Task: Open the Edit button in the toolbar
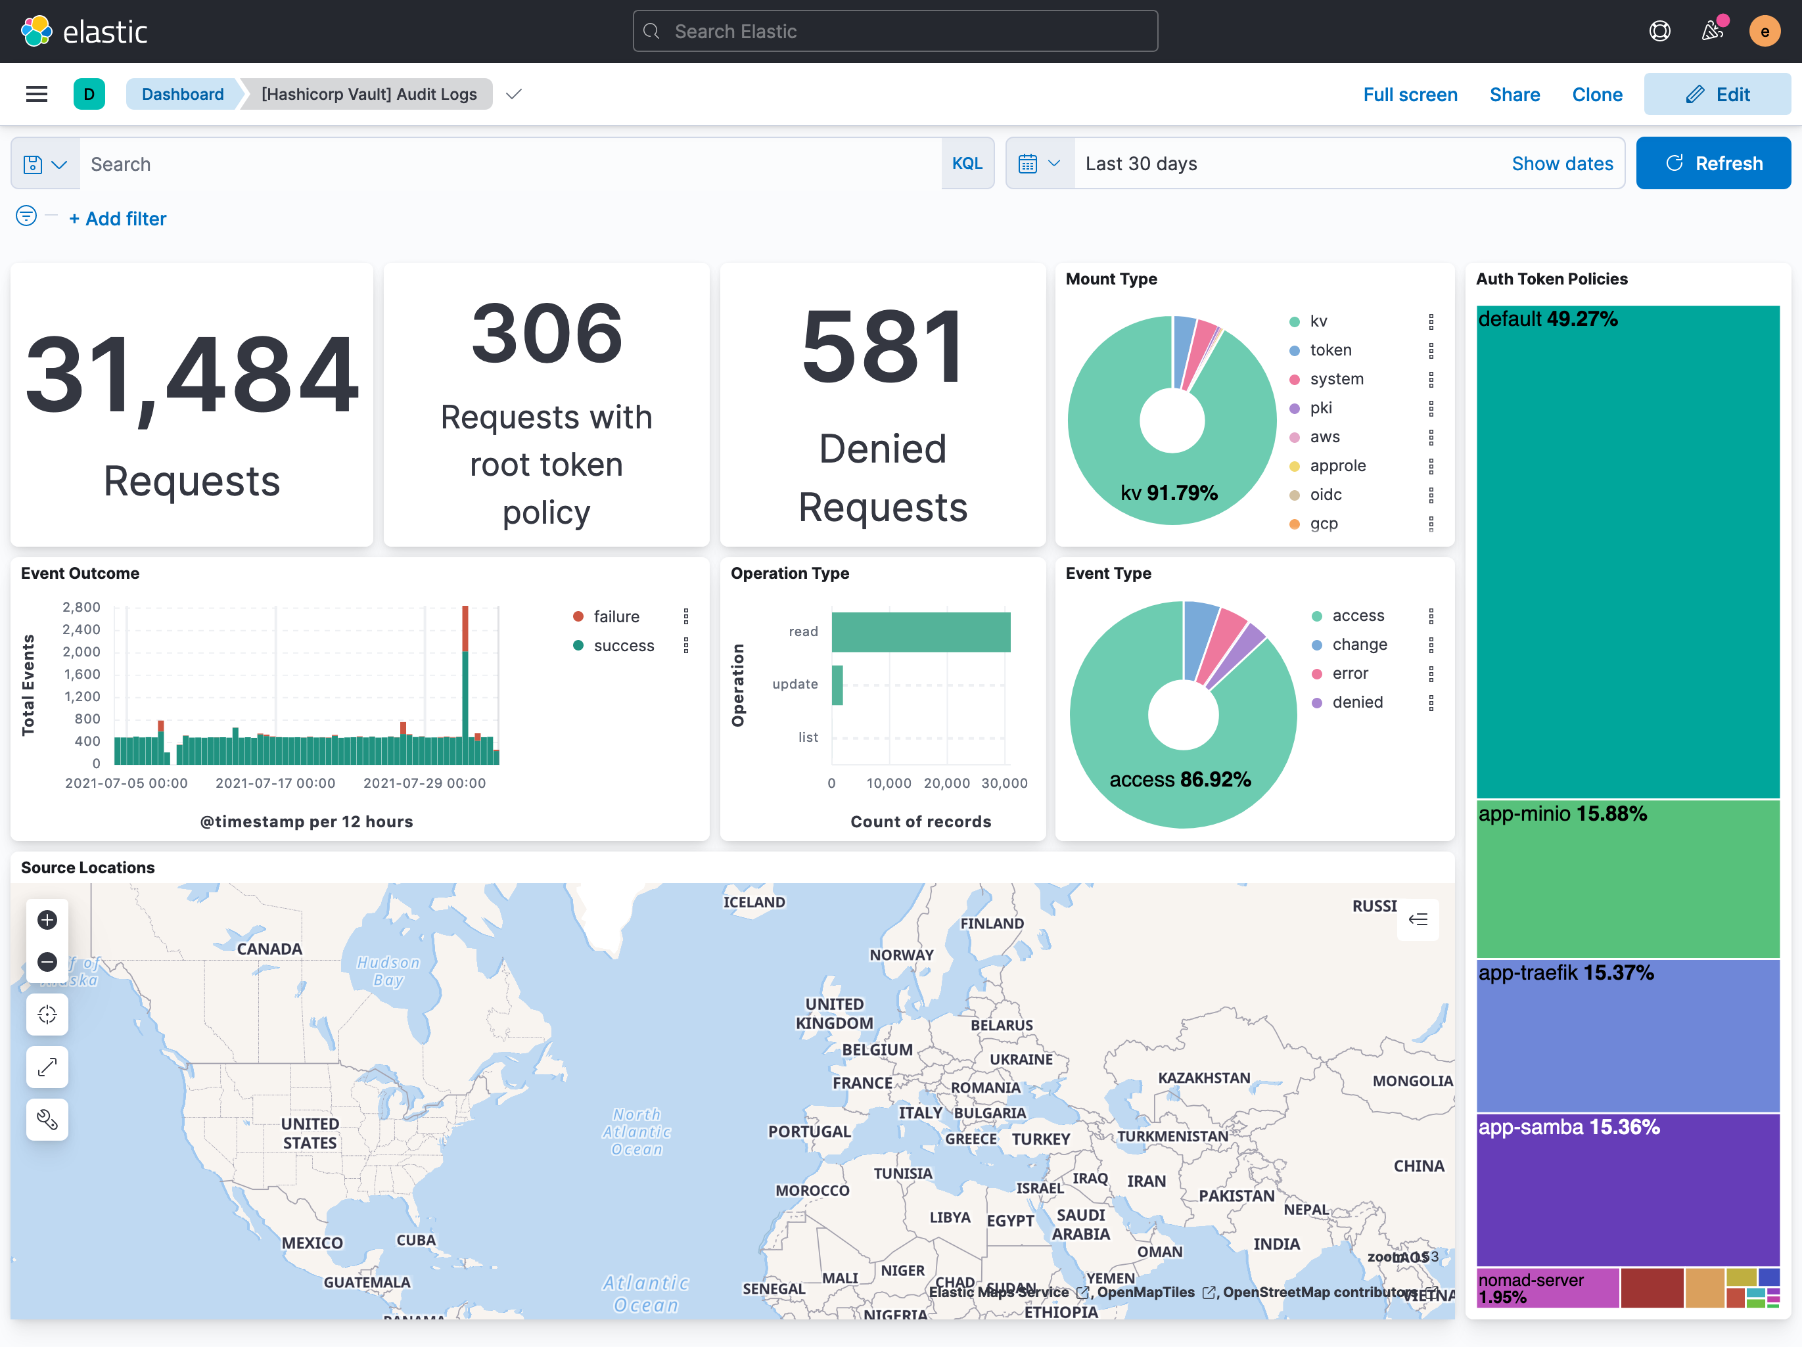click(x=1717, y=95)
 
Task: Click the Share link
click(x=1513, y=95)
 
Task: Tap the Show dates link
click(x=1561, y=164)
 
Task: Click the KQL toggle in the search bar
click(x=966, y=164)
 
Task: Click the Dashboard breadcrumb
click(x=183, y=95)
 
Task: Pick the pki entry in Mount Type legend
click(x=1320, y=408)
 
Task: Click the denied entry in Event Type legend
click(x=1356, y=702)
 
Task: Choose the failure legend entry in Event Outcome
click(x=615, y=616)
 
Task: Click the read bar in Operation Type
click(x=921, y=632)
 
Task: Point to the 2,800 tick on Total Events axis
click(x=81, y=606)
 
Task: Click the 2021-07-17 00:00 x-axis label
click(x=275, y=783)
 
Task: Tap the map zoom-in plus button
click(x=47, y=919)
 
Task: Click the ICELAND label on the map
click(x=754, y=902)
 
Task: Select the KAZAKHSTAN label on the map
click(x=1203, y=1078)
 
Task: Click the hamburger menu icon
click(x=37, y=95)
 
